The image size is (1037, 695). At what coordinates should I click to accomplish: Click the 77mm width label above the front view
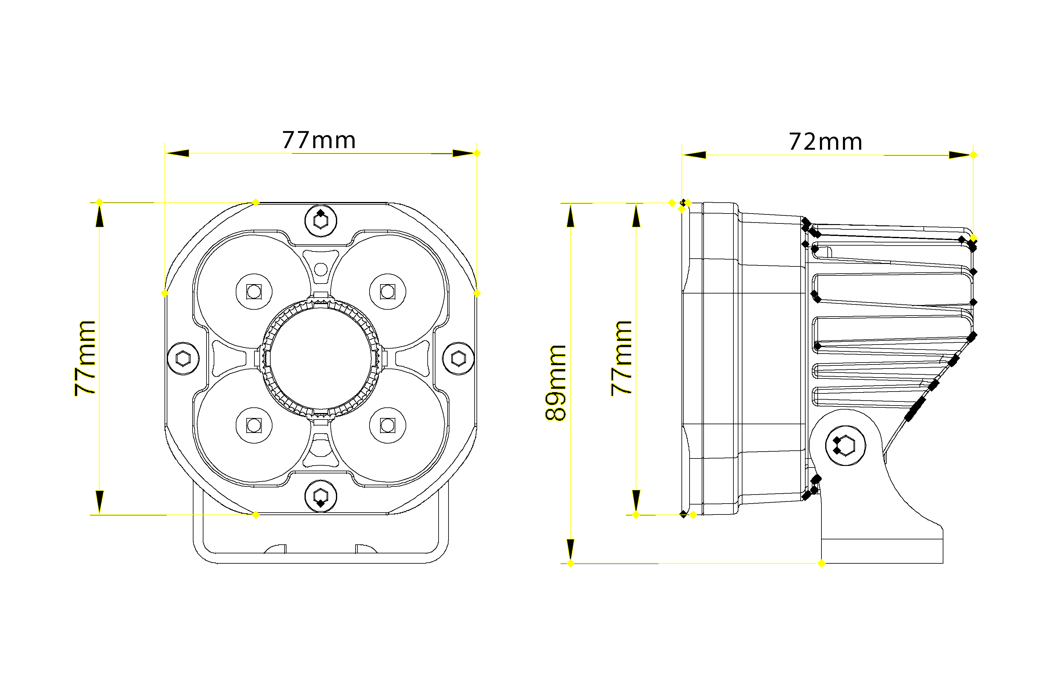[x=319, y=140]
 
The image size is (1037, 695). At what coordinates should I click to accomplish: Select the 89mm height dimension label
[x=556, y=383]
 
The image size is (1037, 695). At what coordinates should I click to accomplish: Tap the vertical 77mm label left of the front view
[x=85, y=358]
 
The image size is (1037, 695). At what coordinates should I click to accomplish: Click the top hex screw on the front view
[x=321, y=221]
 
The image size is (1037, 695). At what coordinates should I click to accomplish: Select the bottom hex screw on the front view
[x=321, y=496]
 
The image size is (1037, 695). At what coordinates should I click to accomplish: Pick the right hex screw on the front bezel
[x=458, y=359]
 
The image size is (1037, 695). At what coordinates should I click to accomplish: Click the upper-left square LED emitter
[x=254, y=292]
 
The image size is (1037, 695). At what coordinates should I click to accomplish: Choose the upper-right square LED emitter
[x=388, y=292]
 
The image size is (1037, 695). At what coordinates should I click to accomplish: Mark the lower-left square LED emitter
[x=254, y=425]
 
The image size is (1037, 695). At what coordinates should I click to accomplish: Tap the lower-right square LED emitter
[x=388, y=425]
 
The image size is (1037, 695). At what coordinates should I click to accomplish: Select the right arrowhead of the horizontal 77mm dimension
[x=463, y=153]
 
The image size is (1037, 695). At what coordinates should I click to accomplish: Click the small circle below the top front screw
[x=321, y=269]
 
